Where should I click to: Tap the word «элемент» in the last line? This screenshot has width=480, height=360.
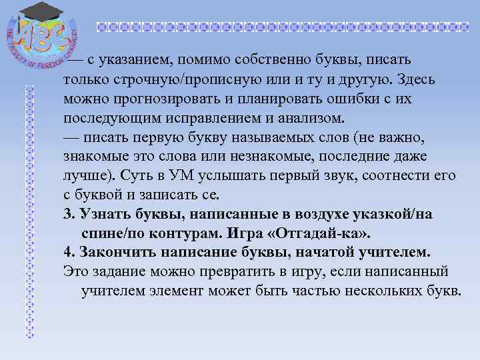tap(177, 291)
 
